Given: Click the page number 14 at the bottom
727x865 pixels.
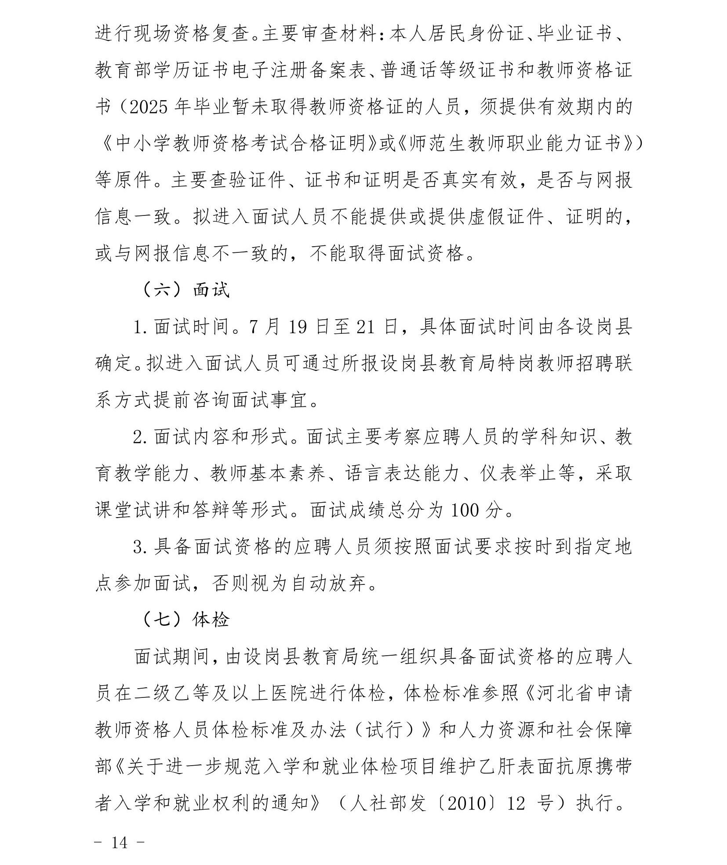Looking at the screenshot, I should point(119,843).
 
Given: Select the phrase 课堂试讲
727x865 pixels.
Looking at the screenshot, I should point(133,511).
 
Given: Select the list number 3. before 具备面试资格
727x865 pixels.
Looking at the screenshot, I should point(140,547).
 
